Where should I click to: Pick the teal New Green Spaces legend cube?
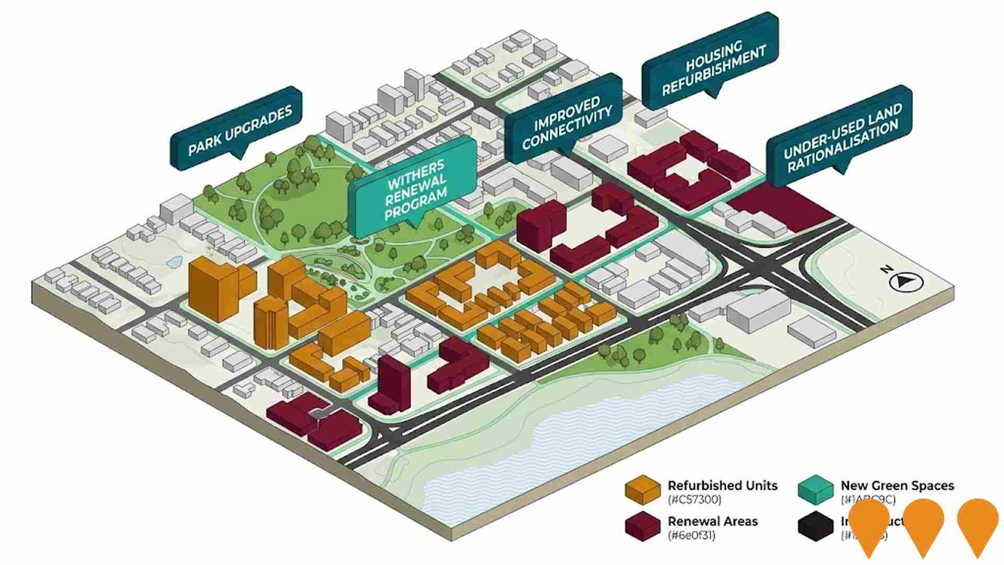pyautogui.click(x=816, y=490)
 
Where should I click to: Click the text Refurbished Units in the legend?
pyautogui.click(x=722, y=485)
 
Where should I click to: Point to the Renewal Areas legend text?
pyautogui.click(x=712, y=521)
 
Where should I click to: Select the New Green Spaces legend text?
pyautogui.click(x=897, y=485)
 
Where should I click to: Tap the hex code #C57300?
pyautogui.click(x=694, y=500)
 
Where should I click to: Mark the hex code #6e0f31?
pyautogui.click(x=691, y=535)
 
